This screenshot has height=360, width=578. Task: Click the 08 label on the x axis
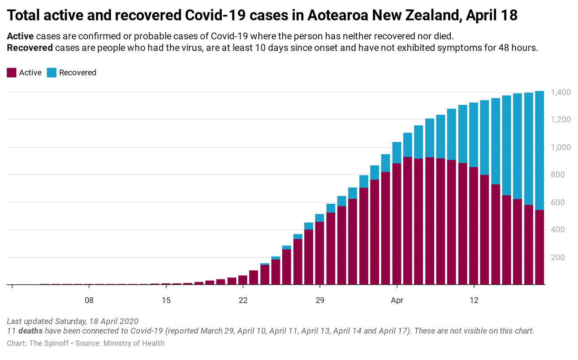tap(89, 300)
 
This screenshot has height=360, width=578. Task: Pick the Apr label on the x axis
tap(397, 300)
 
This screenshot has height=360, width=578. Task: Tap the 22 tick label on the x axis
tap(243, 300)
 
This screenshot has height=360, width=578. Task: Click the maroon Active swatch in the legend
tap(12, 73)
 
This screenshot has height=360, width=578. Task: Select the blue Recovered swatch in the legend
tap(52, 73)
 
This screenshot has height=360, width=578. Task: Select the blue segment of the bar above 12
tap(474, 135)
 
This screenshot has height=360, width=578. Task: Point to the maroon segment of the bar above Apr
tap(397, 224)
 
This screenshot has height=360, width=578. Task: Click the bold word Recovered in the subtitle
tap(30, 48)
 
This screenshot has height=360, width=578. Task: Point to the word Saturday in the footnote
tap(69, 321)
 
